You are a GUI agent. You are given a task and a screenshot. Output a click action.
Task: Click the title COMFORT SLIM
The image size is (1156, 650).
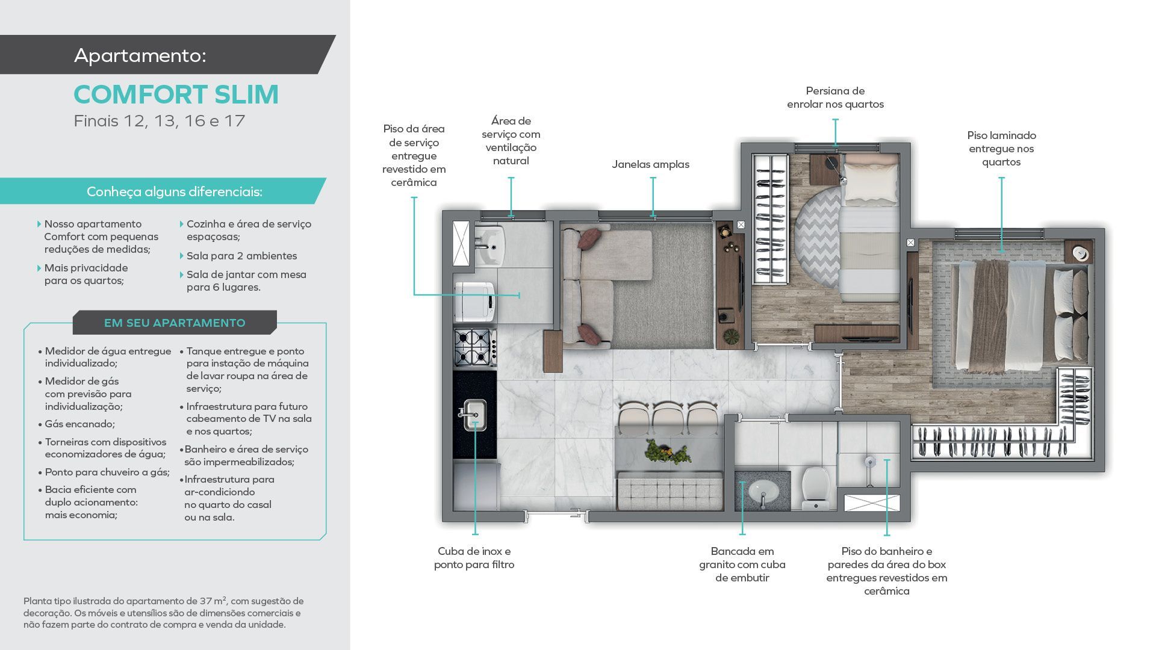(x=176, y=94)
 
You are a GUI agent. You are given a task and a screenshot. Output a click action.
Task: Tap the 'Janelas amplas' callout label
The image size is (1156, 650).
(x=650, y=164)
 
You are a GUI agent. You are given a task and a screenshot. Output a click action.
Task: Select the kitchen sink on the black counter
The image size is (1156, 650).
(x=474, y=415)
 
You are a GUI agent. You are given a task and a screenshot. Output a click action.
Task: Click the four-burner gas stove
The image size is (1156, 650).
(x=474, y=347)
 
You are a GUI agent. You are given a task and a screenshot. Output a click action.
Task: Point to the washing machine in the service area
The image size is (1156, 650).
(x=474, y=302)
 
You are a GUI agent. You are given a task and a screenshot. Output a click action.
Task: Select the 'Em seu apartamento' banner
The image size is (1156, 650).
(x=175, y=323)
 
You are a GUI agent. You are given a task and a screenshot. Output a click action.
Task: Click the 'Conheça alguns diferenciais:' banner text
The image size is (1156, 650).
(x=175, y=191)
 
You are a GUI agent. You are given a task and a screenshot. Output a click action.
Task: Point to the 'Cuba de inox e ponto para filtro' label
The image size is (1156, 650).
(x=474, y=558)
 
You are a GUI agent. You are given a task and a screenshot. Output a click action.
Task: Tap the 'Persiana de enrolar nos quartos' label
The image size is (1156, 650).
(x=835, y=97)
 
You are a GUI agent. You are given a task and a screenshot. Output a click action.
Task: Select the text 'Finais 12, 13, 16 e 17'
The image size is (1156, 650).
(x=160, y=121)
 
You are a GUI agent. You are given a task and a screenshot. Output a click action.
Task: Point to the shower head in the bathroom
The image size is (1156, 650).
(x=869, y=462)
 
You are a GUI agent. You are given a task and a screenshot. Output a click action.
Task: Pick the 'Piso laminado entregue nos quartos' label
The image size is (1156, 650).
(x=1001, y=149)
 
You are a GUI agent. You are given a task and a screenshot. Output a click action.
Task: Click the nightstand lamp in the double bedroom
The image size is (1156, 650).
(x=1080, y=252)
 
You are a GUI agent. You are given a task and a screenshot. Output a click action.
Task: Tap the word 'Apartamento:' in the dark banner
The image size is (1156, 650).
(x=140, y=55)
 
